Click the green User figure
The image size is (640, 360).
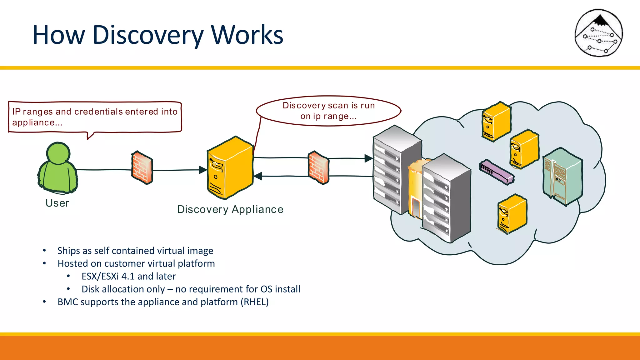57,169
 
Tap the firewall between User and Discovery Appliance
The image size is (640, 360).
142,168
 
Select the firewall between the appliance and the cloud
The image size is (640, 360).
318,168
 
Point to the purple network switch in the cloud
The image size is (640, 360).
496,172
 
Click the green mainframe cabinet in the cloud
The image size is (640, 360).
563,177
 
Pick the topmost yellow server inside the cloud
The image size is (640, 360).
496,121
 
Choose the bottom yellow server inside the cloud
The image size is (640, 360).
512,214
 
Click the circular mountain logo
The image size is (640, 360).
598,33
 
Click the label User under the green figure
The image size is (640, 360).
57,203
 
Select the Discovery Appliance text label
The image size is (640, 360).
230,209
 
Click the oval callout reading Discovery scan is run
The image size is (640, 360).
328,111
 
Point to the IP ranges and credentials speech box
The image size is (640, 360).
95,117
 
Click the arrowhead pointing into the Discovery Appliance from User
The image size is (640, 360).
203,170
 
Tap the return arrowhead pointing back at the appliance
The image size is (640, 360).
258,176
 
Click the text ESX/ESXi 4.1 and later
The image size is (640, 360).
128,276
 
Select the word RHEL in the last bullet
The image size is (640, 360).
256,302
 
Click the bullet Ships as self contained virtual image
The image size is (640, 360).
135,251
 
